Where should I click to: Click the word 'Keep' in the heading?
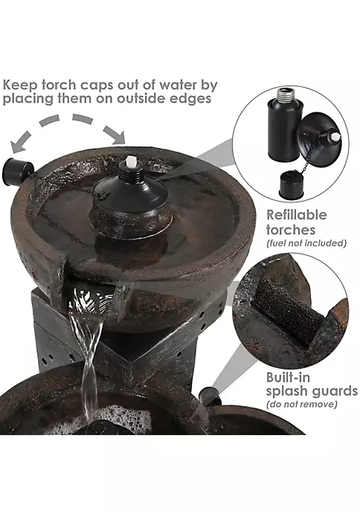pyautogui.click(x=20, y=86)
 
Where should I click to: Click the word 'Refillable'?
pyautogui.click(x=297, y=215)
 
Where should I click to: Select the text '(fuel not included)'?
pyautogui.click(x=306, y=243)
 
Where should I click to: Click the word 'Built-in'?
pyautogui.click(x=288, y=377)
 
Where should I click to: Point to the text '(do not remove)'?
pyautogui.click(x=302, y=405)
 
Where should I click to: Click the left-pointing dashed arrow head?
pyautogui.click(x=19, y=144)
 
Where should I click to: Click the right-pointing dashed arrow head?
pyautogui.click(x=116, y=135)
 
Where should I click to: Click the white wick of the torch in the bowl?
pyautogui.click(x=131, y=161)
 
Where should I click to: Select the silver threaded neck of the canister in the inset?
pyautogui.click(x=286, y=94)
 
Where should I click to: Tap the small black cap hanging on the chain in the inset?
pyautogui.click(x=291, y=185)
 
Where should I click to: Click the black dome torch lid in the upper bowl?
pyautogui.click(x=132, y=193)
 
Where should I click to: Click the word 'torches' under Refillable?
pyautogui.click(x=291, y=229)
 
